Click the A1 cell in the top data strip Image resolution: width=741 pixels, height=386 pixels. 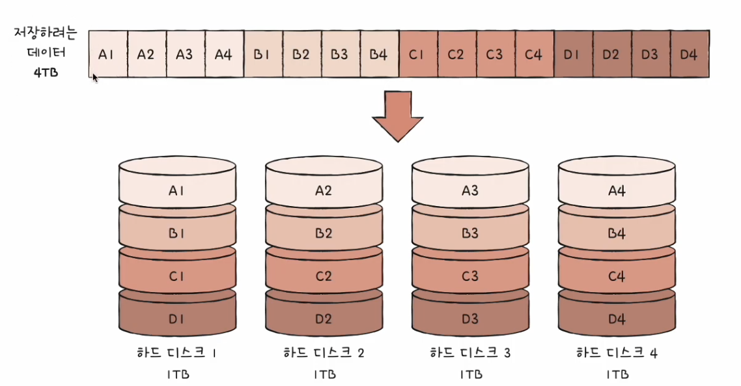108,54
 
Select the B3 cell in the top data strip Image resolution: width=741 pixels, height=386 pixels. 341,54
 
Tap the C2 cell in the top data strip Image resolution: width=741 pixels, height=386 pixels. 457,54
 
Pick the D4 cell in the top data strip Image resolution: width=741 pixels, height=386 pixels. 690,54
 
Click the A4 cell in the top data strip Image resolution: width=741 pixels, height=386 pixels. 225,54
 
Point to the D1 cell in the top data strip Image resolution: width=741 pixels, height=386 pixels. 573,54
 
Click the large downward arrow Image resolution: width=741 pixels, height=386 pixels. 397,116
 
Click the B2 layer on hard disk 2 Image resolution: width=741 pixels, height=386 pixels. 324,230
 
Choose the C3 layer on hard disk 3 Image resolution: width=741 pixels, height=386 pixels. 470,272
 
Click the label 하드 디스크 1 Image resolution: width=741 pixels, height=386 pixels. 176,353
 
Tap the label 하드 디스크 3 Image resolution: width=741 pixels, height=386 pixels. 470,353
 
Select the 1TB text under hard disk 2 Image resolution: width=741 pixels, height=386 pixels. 325,375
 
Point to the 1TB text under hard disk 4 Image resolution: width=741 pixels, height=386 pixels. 618,375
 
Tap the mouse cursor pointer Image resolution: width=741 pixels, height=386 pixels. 95,78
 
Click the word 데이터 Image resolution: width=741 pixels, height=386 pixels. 46,52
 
